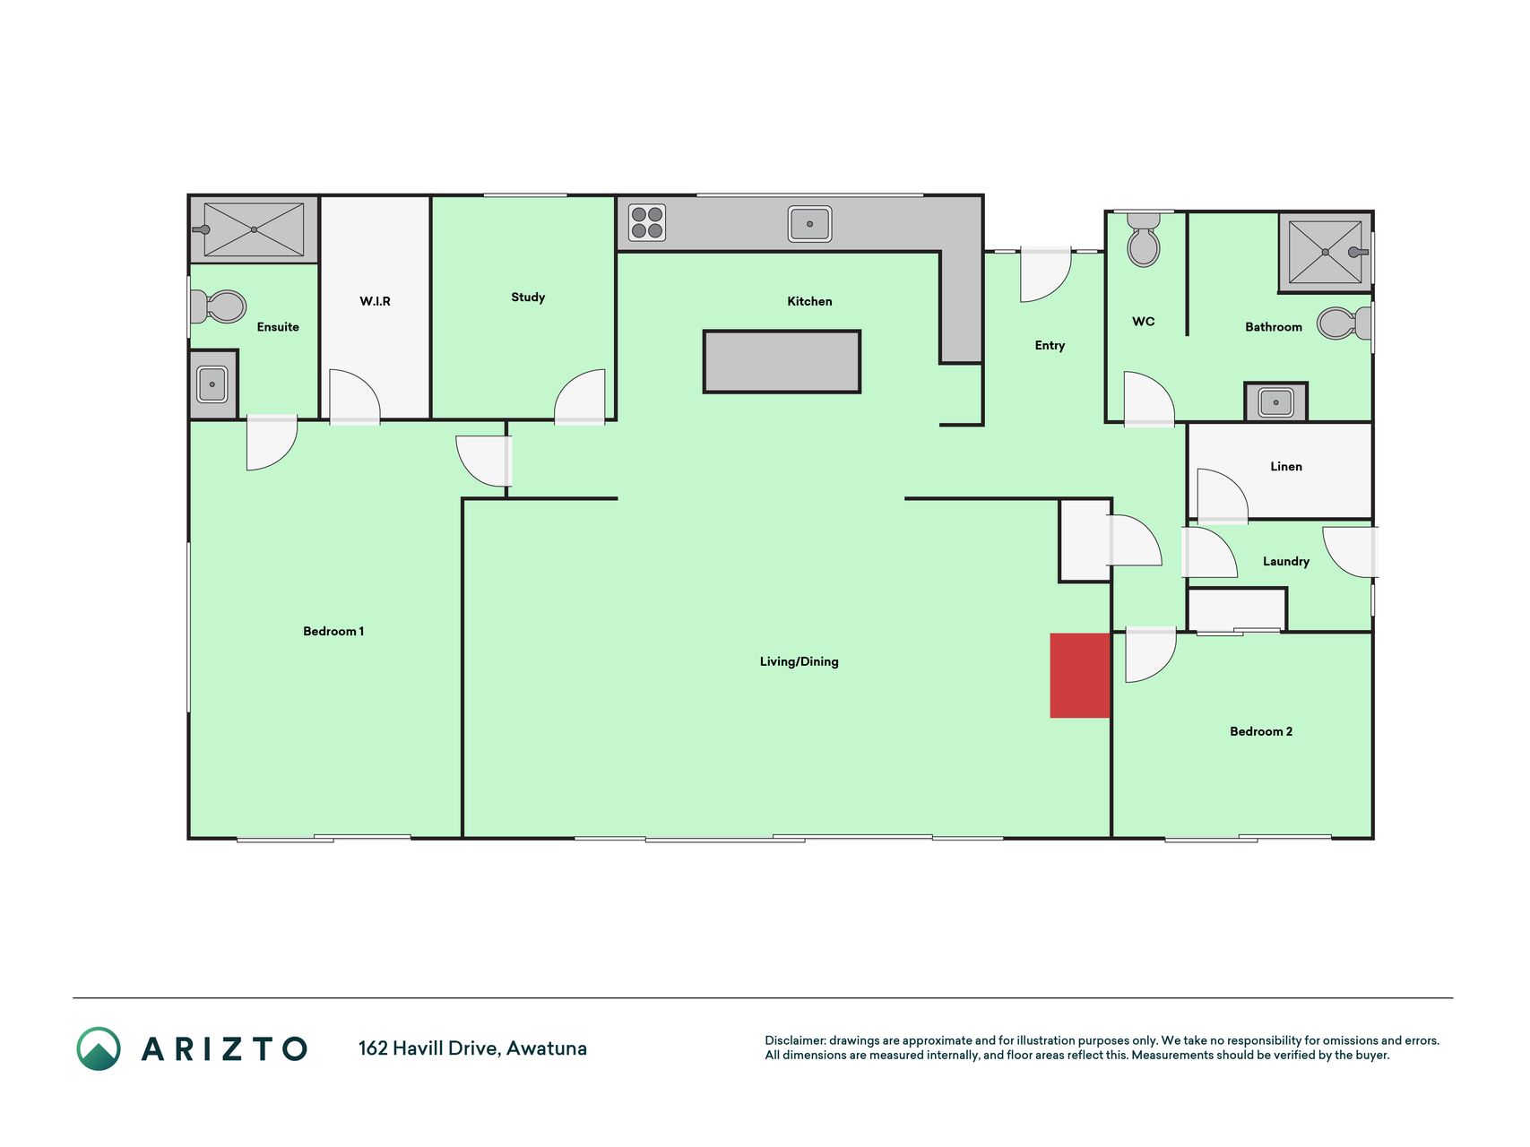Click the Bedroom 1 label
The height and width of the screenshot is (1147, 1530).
(333, 632)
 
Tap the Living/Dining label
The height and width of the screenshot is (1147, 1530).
(800, 662)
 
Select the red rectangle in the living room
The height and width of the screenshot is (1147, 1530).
(1080, 676)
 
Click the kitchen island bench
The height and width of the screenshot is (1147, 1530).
(782, 362)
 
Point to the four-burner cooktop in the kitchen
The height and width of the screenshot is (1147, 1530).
(647, 223)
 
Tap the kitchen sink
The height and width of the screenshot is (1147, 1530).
(810, 224)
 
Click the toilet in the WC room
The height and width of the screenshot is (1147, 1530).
(1144, 239)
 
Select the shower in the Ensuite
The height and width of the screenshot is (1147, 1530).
(254, 229)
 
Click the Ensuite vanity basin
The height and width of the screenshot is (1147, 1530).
(212, 384)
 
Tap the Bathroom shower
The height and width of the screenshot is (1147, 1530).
(1326, 252)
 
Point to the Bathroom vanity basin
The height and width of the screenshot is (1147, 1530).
(1275, 402)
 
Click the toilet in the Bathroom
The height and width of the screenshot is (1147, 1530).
(1344, 323)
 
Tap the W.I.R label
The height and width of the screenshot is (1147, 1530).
(376, 301)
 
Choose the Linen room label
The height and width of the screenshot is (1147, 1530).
(1286, 467)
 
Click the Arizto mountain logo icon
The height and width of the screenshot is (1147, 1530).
(99, 1048)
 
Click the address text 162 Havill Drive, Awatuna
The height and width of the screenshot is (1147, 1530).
(472, 1048)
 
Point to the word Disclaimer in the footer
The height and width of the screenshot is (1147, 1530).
(795, 1041)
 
